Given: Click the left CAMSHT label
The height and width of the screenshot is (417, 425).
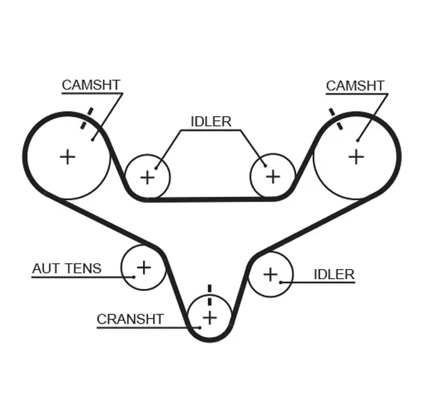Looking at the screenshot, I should point(91,85).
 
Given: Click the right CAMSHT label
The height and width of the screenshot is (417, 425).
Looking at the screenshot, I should point(355,86).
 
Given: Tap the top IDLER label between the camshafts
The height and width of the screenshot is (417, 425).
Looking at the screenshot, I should point(211,121).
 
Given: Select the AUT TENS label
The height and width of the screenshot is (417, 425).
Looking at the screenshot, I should point(67,268).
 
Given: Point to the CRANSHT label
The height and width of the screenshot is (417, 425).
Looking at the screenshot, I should point(130,319).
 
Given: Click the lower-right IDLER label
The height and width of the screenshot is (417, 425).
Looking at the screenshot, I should point(334,274).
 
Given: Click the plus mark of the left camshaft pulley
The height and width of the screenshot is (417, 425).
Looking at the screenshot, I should point(67,156).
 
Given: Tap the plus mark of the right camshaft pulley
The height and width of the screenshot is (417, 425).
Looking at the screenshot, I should point(356,156).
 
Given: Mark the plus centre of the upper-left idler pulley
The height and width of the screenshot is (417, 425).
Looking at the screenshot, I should point(147,177).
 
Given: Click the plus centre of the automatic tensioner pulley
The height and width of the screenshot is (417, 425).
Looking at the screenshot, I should point(144,267).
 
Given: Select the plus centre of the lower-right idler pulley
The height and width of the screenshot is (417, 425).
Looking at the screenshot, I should point(270,273).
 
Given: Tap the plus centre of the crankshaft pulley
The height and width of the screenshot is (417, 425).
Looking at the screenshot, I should point(210,318).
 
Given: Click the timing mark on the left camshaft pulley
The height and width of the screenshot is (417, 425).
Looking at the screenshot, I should point(86,118).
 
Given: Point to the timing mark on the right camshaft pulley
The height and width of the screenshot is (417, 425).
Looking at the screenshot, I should point(335,118).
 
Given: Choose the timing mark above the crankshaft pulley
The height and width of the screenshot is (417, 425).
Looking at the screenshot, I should point(210,292).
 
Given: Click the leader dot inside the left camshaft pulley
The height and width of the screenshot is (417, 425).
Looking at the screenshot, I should point(93,139).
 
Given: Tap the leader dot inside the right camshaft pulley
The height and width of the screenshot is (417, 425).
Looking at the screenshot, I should point(358,140).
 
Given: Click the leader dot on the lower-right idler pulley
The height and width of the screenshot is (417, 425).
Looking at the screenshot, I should point(281,282).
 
